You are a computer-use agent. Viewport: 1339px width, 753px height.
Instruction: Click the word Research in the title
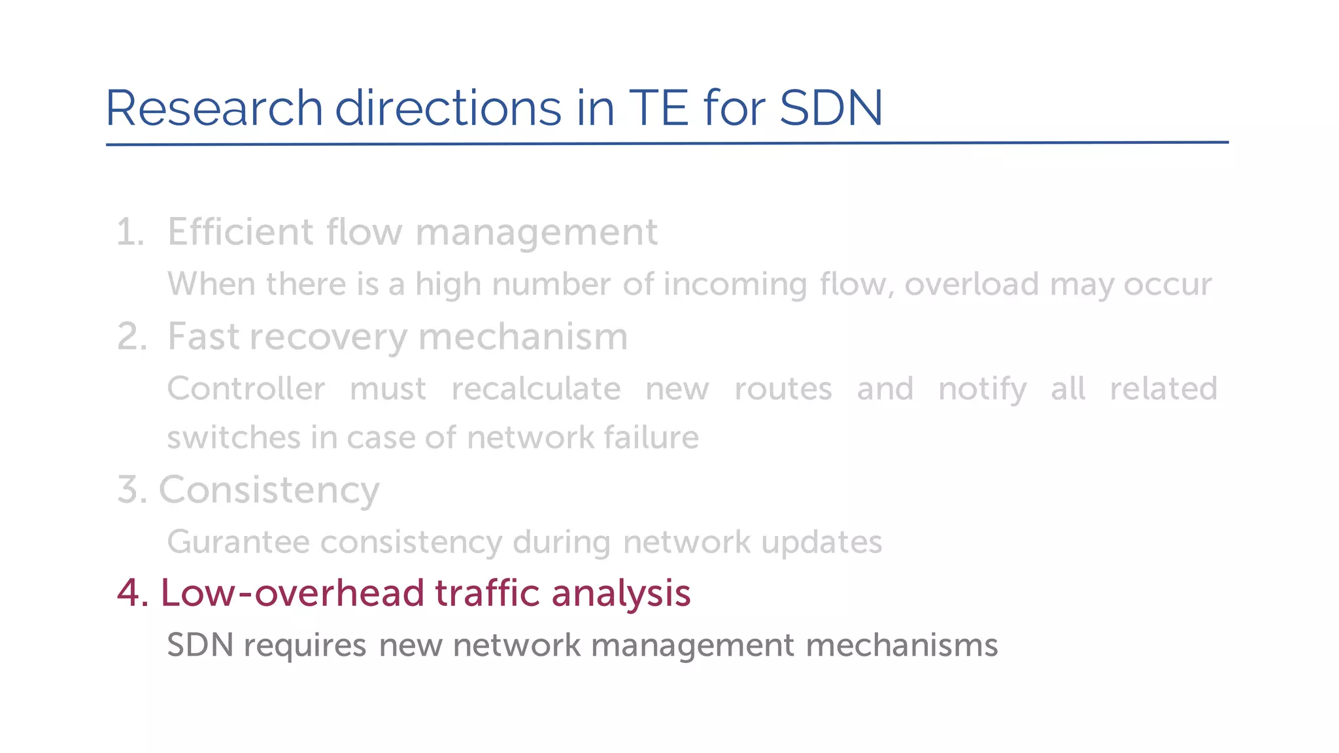pos(214,108)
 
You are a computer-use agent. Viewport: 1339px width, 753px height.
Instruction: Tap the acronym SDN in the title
pos(831,108)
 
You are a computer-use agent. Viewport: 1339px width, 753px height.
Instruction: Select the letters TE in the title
pos(658,108)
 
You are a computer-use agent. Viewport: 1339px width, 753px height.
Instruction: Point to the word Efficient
pos(241,232)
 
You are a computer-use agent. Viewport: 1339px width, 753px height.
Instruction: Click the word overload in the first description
pos(972,284)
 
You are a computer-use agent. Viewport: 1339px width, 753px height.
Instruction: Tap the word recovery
pos(328,338)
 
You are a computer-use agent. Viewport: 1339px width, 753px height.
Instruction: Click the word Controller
pos(246,389)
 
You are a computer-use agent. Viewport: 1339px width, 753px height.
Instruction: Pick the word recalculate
pos(536,389)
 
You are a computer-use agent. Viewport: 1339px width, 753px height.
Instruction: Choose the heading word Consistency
pos(269,490)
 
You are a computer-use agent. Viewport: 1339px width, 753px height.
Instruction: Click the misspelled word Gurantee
pos(238,542)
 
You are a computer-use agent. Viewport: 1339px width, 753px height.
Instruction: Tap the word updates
pos(821,543)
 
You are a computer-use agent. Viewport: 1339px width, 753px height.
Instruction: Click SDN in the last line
pos(200,645)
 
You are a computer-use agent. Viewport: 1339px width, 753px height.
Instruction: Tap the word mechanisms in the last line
pos(902,645)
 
